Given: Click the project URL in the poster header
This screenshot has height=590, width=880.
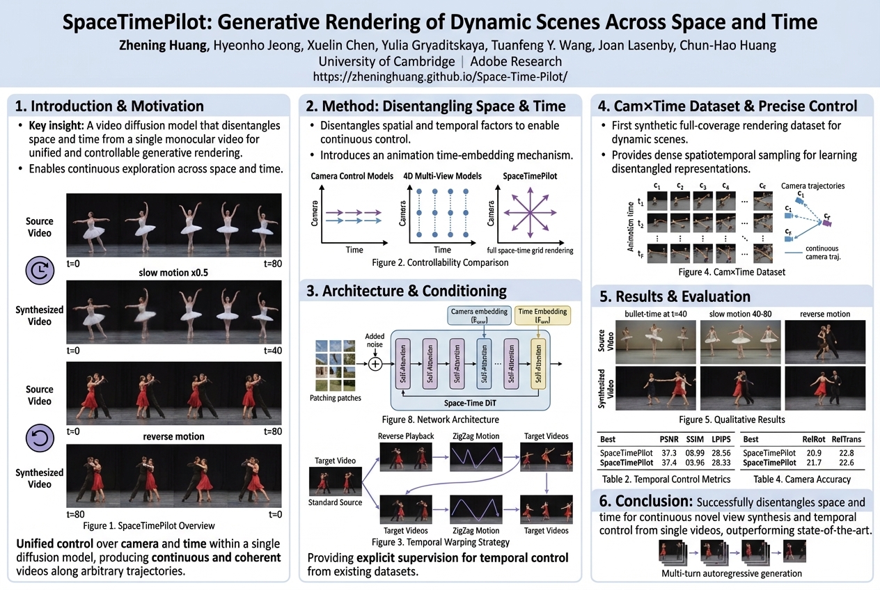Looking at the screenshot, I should [440, 76].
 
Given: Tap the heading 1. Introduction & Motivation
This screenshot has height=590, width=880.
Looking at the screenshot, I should [109, 106].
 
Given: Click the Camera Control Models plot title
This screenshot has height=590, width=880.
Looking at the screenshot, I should [351, 176].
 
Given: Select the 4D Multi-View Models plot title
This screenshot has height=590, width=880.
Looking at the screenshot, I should [442, 176].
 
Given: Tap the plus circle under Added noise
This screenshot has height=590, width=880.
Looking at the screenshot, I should [375, 363].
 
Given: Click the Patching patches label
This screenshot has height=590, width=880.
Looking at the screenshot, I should [336, 399].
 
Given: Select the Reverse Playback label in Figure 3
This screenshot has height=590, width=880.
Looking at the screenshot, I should [406, 436].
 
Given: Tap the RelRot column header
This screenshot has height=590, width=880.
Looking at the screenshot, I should [815, 439].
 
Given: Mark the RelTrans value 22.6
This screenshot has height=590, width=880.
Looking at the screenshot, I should [847, 462].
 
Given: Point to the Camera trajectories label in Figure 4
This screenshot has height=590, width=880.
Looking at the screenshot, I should [813, 186].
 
